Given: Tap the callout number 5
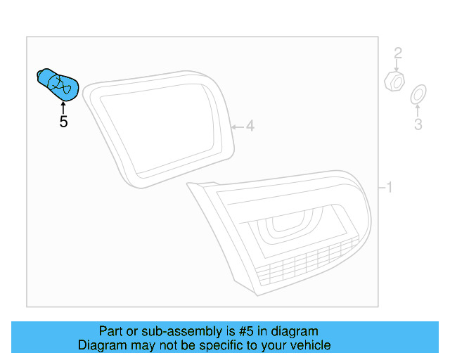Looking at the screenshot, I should pos(63,122).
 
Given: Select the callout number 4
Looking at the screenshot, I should pos(249,127).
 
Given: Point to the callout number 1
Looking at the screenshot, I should pos(389,188).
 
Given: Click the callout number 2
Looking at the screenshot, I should pos(397,53).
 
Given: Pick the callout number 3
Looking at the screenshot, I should pos(418,125).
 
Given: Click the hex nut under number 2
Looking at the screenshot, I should pos(395,81).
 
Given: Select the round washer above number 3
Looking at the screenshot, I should pos(418,93).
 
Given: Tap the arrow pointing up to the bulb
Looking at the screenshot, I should pos(63,107).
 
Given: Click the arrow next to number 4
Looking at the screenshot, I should pos(236,127).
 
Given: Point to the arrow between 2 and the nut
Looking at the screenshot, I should pos(397,65).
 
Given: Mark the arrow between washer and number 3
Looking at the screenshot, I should pos(418,109).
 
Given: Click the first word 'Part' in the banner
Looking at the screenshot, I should pos(110,331).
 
